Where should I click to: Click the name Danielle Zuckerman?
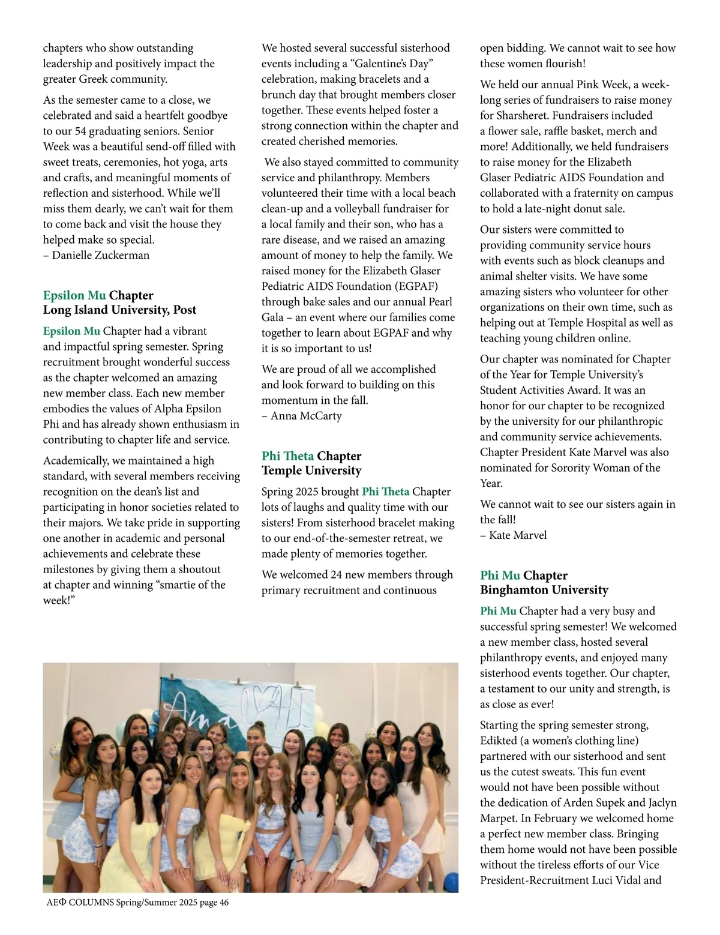[101, 255]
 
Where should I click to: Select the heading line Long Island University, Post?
[119, 310]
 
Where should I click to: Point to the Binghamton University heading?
[544, 590]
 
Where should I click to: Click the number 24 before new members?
[337, 574]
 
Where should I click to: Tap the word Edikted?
[499, 741]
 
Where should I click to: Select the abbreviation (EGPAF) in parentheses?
[415, 286]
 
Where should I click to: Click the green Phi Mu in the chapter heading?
[500, 576]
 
